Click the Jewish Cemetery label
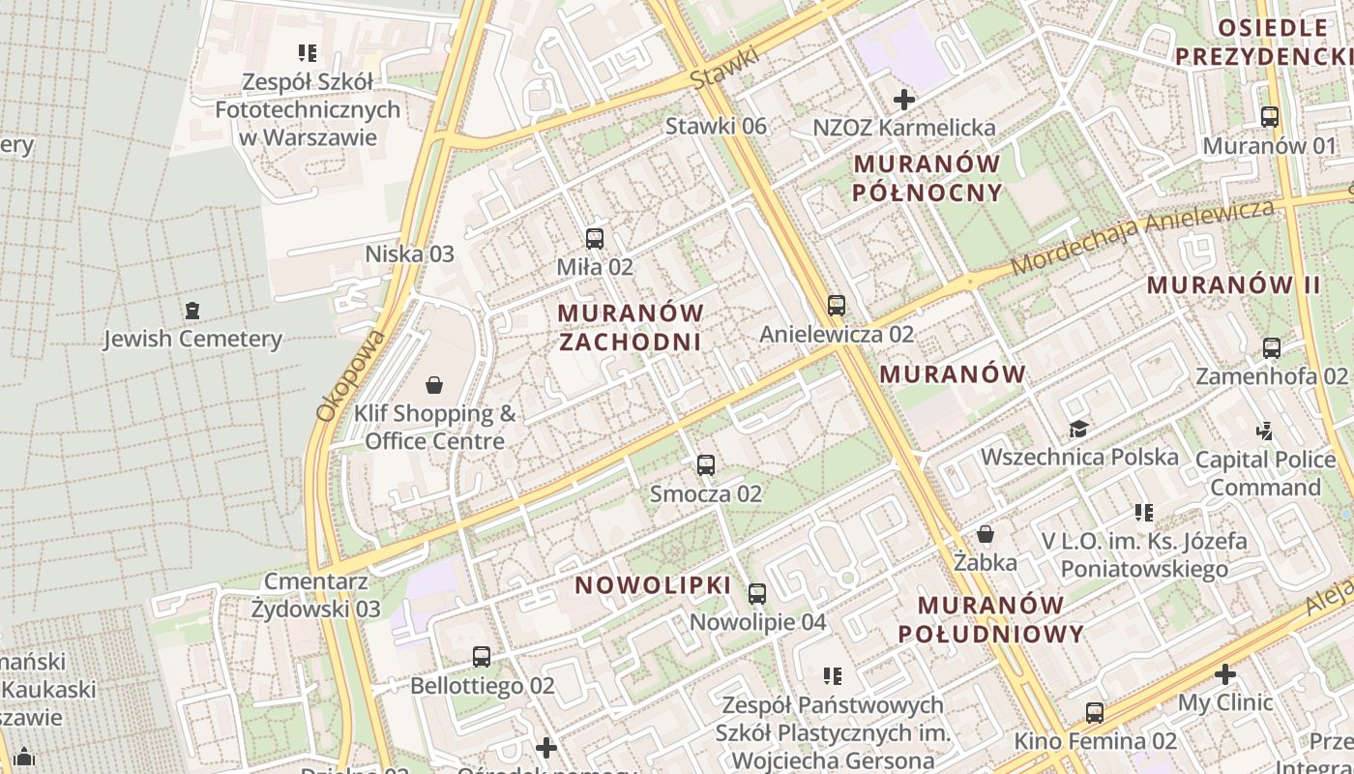pos(192,339)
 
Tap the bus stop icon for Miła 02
pos(595,238)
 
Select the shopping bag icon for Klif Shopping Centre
pos(434,385)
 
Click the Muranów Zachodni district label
pos(630,327)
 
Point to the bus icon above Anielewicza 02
pos(837,306)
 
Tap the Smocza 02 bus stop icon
pos(706,465)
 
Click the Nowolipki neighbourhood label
pos(653,585)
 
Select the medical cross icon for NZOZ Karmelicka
pos(904,100)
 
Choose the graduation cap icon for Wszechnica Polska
pos(1078,429)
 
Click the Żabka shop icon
pos(986,534)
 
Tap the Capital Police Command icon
pos(1264,432)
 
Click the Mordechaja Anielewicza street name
pos(1143,236)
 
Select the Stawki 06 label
pos(716,126)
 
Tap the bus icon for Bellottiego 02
pos(482,658)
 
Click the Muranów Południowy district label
pos(991,619)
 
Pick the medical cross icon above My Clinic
pos(1225,674)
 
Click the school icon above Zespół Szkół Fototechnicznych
pos(308,53)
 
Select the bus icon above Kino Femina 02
pos(1095,713)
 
